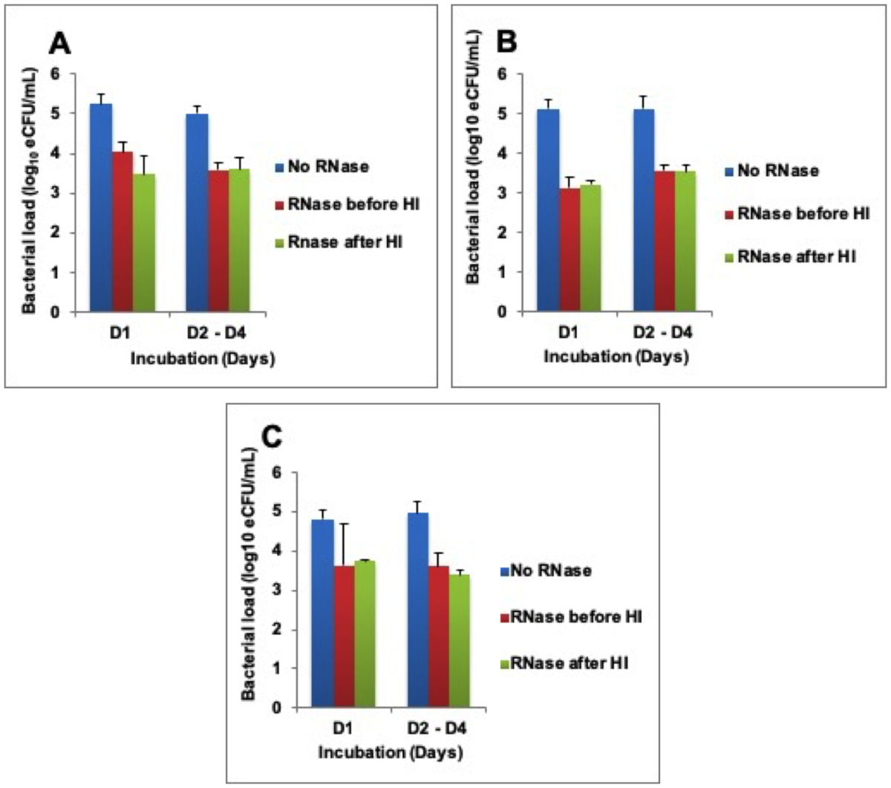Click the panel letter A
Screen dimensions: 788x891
point(59,45)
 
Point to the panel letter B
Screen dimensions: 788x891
point(506,42)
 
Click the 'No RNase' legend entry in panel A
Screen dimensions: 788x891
point(327,166)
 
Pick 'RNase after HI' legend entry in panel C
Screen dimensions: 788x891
point(569,663)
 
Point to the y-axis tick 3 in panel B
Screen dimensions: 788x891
point(503,193)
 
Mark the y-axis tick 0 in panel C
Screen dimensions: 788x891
point(277,708)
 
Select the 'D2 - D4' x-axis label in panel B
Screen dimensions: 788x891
point(663,332)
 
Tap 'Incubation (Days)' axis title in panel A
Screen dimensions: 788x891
point(202,359)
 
